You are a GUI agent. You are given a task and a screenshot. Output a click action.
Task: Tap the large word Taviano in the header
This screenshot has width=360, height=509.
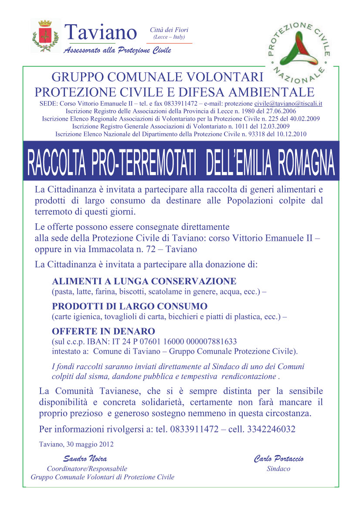click(x=101, y=32)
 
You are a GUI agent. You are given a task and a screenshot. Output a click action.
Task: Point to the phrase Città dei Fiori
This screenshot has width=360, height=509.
click(x=169, y=30)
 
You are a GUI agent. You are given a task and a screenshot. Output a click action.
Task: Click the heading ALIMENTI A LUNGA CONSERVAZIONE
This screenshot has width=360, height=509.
click(x=144, y=281)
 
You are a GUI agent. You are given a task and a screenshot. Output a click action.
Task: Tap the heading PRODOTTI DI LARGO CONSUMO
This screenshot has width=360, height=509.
click(x=129, y=306)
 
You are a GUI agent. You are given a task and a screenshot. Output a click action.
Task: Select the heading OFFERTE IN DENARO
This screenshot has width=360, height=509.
click(x=103, y=331)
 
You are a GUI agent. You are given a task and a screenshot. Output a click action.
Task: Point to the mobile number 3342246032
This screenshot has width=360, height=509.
click(x=271, y=429)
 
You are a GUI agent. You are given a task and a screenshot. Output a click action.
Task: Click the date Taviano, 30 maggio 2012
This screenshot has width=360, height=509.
click(x=76, y=445)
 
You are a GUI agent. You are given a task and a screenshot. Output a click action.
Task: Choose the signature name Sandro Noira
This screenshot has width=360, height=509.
click(x=85, y=459)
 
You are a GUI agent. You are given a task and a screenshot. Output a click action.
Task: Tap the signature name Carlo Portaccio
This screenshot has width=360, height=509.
click(x=279, y=459)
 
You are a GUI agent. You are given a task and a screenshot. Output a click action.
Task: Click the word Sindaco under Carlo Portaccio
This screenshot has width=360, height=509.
click(x=278, y=469)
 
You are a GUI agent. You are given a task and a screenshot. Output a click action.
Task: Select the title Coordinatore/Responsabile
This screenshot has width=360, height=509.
click(x=87, y=469)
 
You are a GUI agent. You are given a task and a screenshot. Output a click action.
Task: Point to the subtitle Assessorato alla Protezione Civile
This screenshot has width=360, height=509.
click(x=117, y=51)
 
